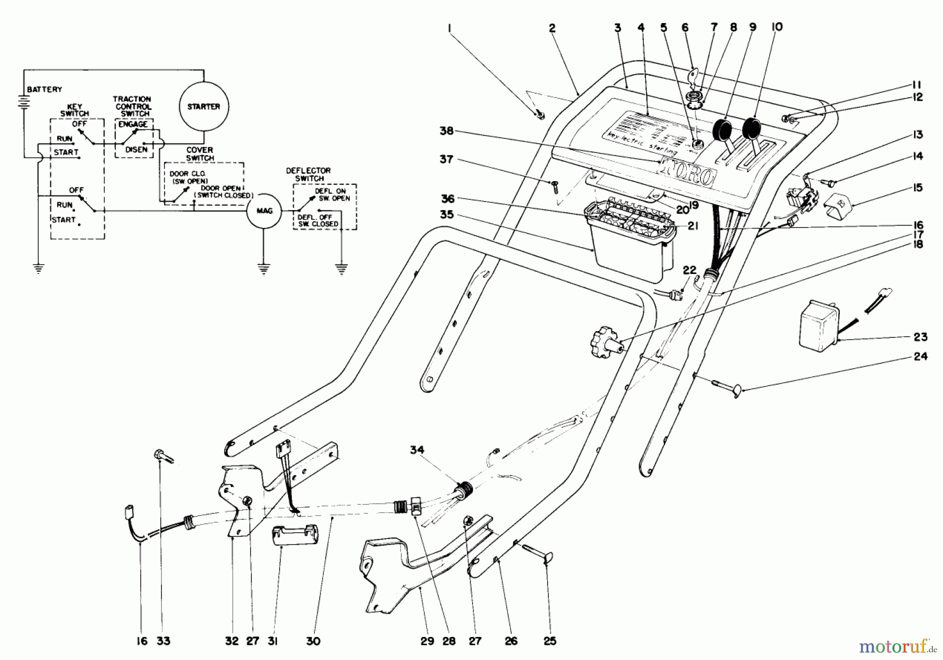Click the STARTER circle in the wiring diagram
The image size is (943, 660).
204,106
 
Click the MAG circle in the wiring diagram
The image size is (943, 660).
264,211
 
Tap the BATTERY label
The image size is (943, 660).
45,90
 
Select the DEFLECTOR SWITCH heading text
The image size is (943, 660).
309,174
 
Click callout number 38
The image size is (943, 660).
446,131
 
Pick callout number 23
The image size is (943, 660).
920,337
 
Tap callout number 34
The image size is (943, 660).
417,450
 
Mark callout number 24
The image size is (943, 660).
920,356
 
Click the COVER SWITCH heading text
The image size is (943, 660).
200,154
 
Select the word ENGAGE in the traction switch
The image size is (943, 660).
133,125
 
